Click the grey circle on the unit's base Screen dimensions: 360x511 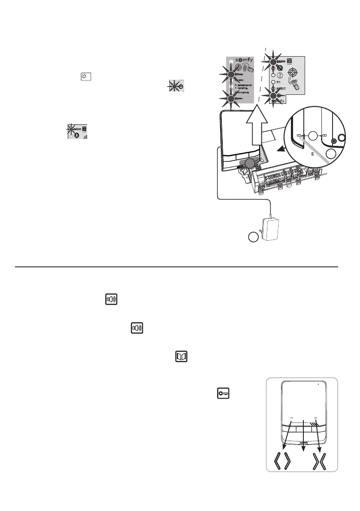[250, 163]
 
